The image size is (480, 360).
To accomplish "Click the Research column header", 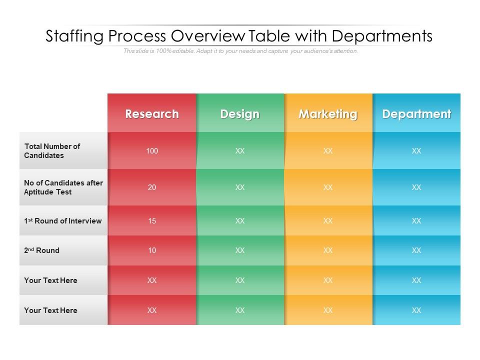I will (152, 114).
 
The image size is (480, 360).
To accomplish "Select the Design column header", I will (240, 114).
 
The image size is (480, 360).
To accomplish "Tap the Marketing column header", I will (328, 114).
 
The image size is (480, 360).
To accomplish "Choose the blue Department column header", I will (416, 114).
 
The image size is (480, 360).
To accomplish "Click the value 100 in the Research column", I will (152, 150).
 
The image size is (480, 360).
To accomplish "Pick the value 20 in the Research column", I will (152, 187).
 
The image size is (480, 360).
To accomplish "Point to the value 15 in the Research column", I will (152, 220).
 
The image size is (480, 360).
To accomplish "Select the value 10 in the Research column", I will (152, 250).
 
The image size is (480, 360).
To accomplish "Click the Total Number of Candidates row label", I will (52, 151).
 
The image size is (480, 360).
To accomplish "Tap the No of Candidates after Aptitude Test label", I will (63, 187).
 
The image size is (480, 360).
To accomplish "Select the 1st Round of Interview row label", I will (63, 221).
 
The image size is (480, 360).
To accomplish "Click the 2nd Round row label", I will (42, 250).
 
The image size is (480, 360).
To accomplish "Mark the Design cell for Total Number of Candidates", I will (240, 150).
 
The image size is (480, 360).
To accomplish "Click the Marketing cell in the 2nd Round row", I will (328, 250).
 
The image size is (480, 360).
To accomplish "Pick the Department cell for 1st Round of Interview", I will (416, 220).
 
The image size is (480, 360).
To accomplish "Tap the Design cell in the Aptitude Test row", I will (240, 187).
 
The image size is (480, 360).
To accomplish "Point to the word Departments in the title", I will (382, 37).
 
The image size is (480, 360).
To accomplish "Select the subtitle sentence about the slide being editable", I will (240, 51).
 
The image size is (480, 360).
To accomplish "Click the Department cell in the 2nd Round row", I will (416, 250).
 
